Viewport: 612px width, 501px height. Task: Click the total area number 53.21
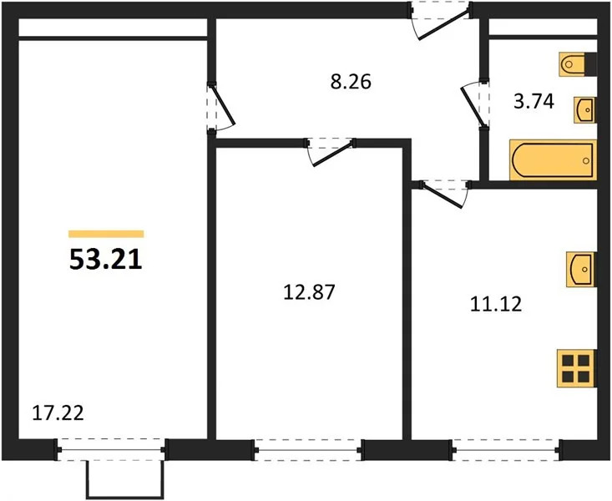point(105,260)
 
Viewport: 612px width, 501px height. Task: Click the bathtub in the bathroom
point(553,159)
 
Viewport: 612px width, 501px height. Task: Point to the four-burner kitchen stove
point(577,367)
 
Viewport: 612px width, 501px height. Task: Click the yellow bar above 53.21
point(106,234)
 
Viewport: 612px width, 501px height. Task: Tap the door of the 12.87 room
point(330,150)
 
